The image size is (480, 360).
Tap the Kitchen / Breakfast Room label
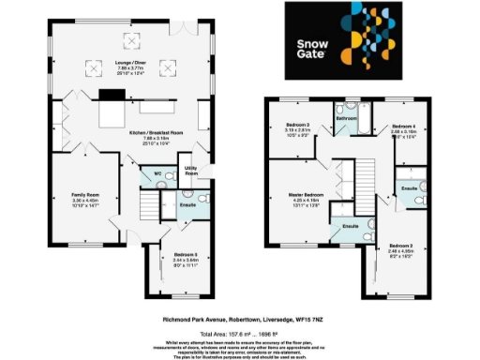tap(157, 134)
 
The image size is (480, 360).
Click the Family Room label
tap(85, 195)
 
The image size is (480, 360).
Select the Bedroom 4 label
tap(403, 126)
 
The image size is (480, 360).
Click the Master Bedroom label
tap(306, 196)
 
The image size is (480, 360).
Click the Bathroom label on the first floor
tap(347, 119)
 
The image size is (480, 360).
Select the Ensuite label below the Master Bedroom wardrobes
tap(352, 227)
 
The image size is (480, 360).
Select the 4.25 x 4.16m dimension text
tap(306, 202)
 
